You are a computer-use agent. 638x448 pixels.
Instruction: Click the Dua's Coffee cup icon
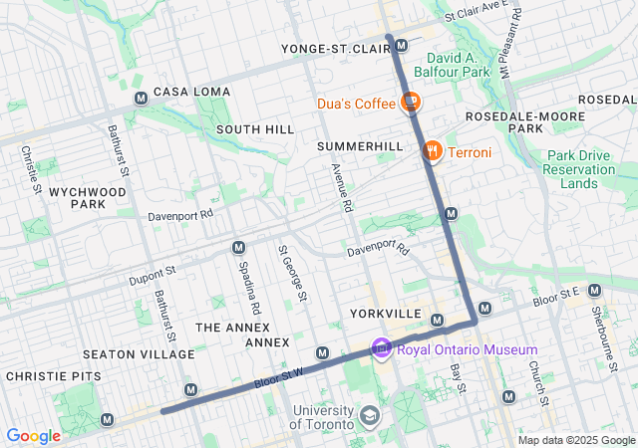(410, 103)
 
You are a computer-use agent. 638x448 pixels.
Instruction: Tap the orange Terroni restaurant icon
(432, 151)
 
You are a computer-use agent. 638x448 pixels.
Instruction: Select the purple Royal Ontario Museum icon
(380, 348)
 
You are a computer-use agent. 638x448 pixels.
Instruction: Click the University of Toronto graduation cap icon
(370, 414)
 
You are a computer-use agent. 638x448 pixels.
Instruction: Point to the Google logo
(33, 436)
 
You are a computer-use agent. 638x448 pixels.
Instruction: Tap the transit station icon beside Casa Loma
(141, 98)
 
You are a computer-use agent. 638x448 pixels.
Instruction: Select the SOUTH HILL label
(254, 129)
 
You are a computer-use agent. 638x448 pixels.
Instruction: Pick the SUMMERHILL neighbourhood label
(360, 146)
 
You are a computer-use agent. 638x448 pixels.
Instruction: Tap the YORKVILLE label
(386, 313)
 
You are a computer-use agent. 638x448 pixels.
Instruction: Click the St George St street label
(293, 275)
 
